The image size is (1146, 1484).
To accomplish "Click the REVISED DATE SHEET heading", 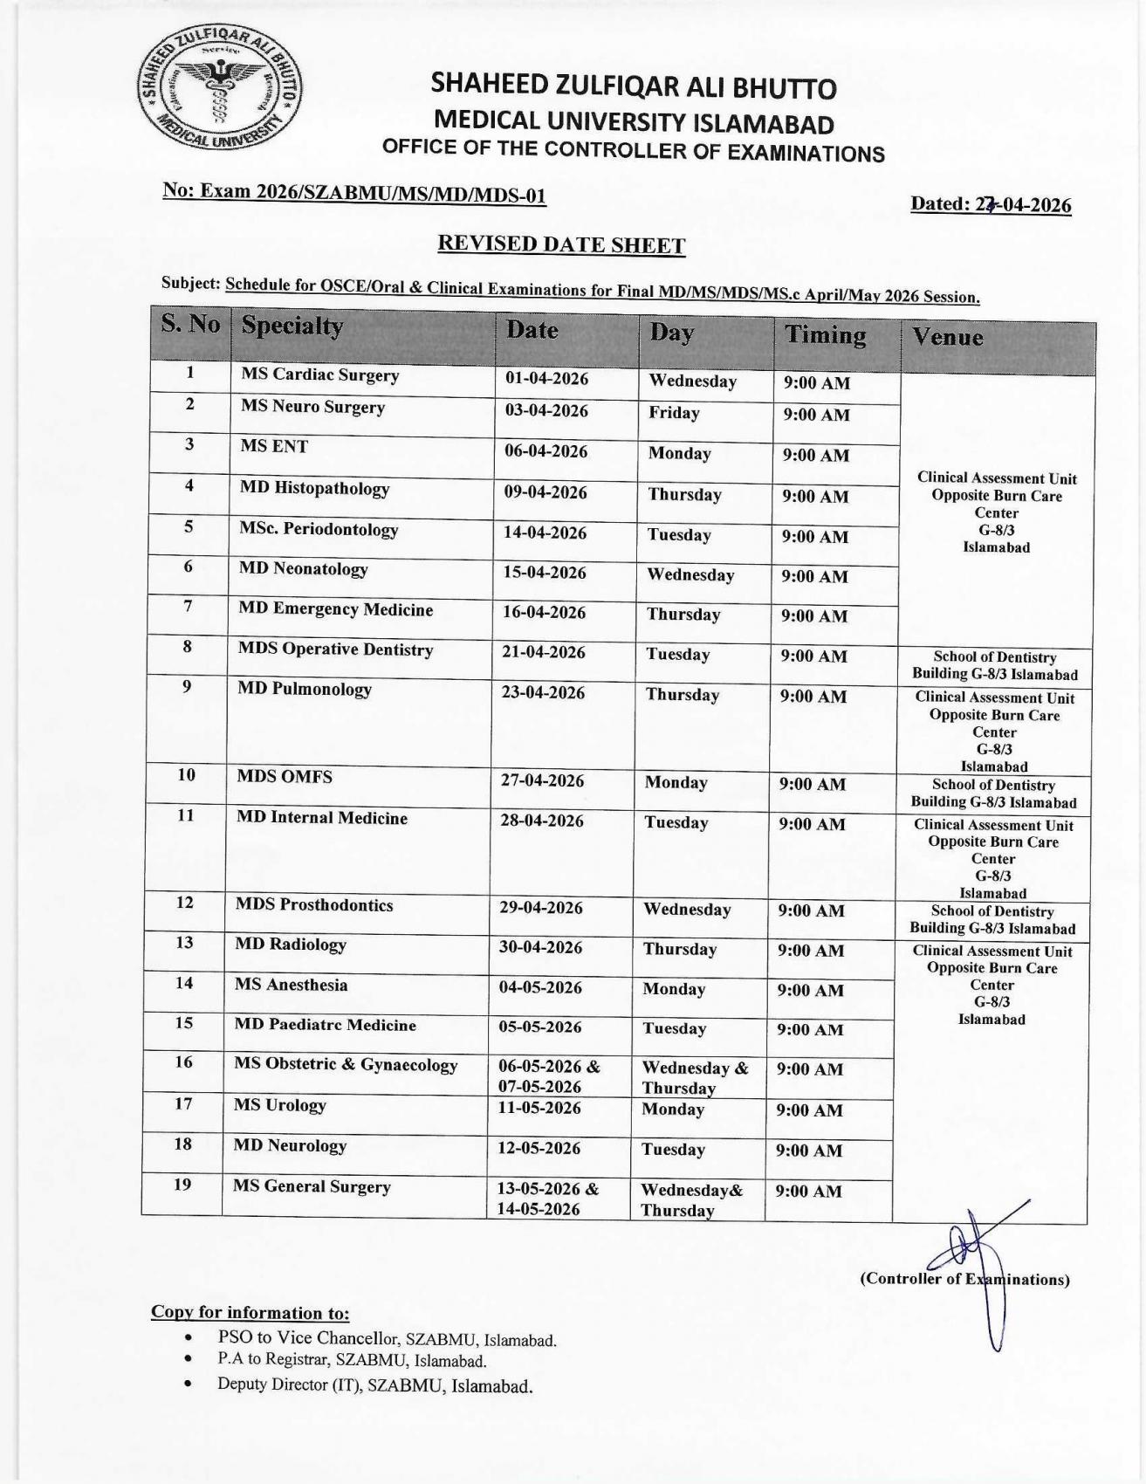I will click(560, 244).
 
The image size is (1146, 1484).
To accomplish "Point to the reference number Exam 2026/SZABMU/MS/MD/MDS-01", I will click(354, 193).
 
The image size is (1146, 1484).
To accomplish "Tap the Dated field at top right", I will click(991, 204).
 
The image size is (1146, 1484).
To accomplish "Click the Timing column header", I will click(825, 335).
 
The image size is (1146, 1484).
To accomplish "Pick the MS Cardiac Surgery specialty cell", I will click(319, 375).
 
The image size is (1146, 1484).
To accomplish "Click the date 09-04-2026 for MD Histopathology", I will click(546, 492).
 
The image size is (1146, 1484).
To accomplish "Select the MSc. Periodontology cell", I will click(319, 530).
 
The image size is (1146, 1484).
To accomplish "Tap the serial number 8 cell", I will click(187, 648).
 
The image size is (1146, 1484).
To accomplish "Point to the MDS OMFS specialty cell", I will click(285, 777).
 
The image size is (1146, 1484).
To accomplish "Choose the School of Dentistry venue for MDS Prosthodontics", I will click(992, 920).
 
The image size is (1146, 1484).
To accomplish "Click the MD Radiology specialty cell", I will click(291, 945).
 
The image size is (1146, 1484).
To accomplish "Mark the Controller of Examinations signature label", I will click(964, 1280).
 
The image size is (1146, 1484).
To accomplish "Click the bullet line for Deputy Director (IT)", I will click(374, 1385).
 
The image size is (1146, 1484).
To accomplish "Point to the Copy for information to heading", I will click(250, 1313).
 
